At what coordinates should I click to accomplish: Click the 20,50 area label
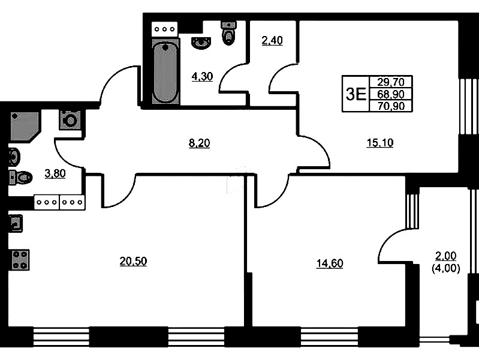133,261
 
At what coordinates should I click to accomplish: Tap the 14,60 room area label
330,263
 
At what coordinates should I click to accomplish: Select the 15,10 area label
380,143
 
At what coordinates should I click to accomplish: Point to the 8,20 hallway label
200,143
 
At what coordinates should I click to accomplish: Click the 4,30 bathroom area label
202,76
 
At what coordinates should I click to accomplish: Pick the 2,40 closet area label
272,40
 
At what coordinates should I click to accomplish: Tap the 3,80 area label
55,173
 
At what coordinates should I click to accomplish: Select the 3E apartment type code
356,94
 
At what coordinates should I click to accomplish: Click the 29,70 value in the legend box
391,82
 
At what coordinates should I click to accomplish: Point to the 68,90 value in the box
391,94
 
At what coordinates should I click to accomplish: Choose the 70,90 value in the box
391,106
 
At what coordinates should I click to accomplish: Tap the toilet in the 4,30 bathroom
228,33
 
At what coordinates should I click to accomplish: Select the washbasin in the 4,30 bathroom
201,43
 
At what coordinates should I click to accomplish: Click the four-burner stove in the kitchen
20,260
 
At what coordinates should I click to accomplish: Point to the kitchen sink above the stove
15,224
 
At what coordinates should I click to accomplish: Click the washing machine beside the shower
70,120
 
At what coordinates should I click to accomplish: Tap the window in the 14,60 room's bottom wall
329,337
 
